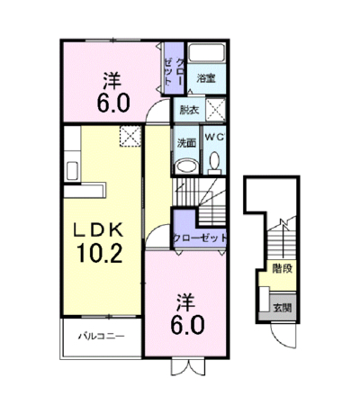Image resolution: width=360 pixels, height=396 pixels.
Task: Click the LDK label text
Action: pyautogui.click(x=99, y=230)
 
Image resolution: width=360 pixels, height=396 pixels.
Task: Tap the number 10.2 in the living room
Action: pyautogui.click(x=99, y=253)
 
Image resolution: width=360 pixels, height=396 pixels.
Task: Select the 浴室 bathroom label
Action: pyautogui.click(x=206, y=78)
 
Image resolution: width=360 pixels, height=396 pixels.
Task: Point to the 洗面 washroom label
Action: pyautogui.click(x=186, y=143)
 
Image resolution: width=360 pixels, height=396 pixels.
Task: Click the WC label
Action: pyautogui.click(x=214, y=137)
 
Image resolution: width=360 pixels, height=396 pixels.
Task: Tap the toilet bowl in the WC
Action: pyautogui.click(x=214, y=162)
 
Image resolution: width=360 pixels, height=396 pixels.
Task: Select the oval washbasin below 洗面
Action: pyautogui.click(x=186, y=166)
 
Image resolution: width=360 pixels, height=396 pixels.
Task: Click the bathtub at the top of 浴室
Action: pyautogui.click(x=207, y=53)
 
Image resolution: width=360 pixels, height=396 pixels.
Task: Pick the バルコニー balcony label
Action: pyautogui.click(x=102, y=336)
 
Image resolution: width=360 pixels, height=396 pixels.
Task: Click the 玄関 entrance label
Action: pyautogui.click(x=282, y=308)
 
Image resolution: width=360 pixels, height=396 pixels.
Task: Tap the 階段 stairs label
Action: pyautogui.click(x=282, y=268)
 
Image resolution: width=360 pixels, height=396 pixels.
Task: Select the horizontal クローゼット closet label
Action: pyautogui.click(x=200, y=238)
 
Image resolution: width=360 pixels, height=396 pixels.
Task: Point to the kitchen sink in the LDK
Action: pyautogui.click(x=72, y=171)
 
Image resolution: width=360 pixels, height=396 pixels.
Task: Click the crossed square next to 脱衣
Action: pyautogui.click(x=215, y=110)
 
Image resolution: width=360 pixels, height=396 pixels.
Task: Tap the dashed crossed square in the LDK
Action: pyautogui.click(x=130, y=136)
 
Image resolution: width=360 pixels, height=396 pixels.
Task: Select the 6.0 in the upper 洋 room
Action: pyautogui.click(x=113, y=103)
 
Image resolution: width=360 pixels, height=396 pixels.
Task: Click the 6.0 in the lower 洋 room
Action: pyautogui.click(x=187, y=325)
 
